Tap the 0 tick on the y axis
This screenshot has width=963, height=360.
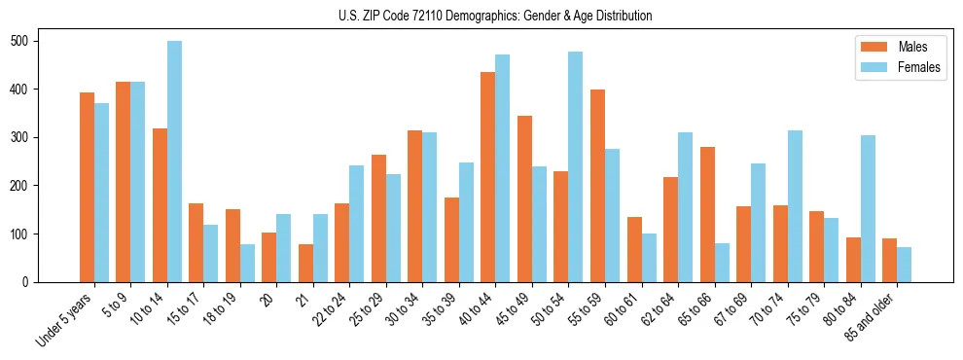coord(31,282)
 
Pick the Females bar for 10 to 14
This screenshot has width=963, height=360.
coord(174,162)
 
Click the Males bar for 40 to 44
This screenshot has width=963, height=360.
coord(488,177)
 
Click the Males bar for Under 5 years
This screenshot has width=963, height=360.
coord(87,187)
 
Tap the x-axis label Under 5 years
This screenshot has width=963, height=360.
coord(65,317)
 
